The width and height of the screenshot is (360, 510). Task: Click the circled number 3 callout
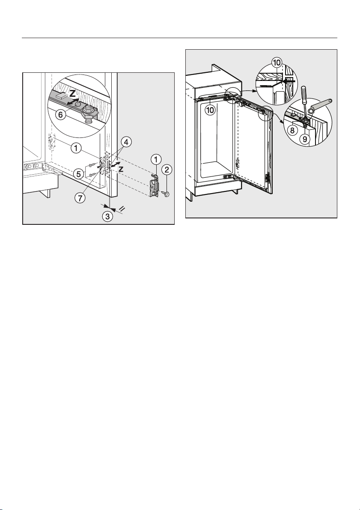pos(108,216)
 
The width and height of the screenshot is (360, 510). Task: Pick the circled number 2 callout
pos(167,170)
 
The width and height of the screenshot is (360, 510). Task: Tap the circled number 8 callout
pos(292,131)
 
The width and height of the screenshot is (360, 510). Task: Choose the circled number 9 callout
pos(305,139)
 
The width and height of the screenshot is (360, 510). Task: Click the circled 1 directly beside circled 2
pos(156,159)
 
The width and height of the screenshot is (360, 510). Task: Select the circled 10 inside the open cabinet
pos(210,110)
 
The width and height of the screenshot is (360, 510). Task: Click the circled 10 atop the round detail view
pos(277,63)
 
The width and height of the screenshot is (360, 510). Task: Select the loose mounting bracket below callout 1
pos(154,185)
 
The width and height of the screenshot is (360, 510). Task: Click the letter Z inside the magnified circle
pos(73,94)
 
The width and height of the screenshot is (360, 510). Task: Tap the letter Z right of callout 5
pos(121,169)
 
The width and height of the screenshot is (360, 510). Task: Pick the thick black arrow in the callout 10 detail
pos(289,81)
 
